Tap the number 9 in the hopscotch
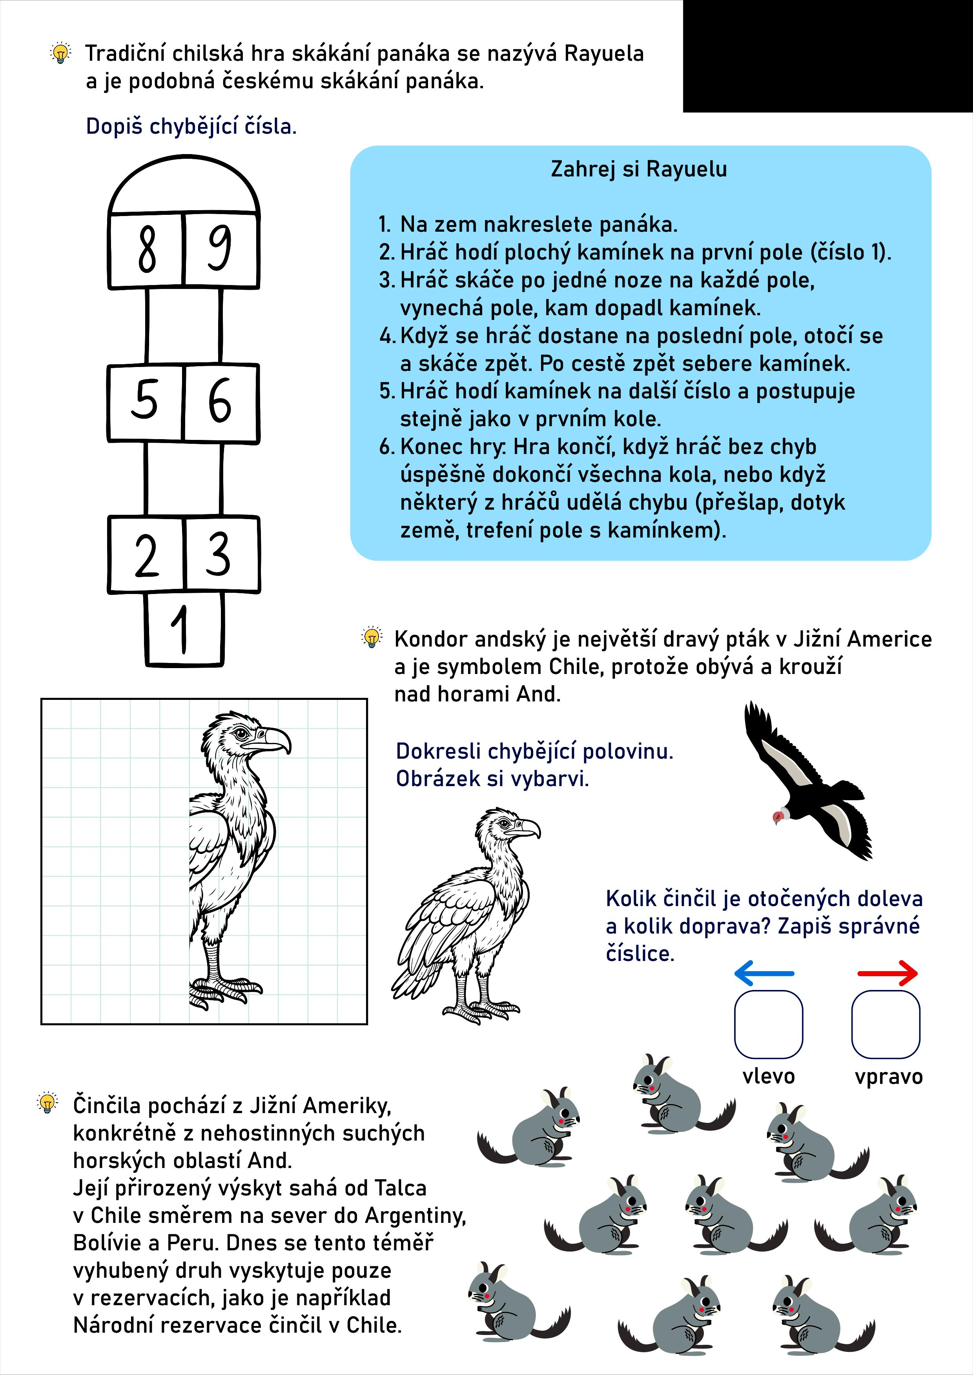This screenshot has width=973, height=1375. click(x=220, y=248)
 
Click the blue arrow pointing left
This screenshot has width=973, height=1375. click(x=764, y=973)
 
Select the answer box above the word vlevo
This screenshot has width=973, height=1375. click(x=768, y=1024)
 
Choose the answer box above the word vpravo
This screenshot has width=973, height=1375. click(x=886, y=1024)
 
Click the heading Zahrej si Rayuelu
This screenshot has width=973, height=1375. click(x=639, y=169)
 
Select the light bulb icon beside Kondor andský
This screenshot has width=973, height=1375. click(x=372, y=637)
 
